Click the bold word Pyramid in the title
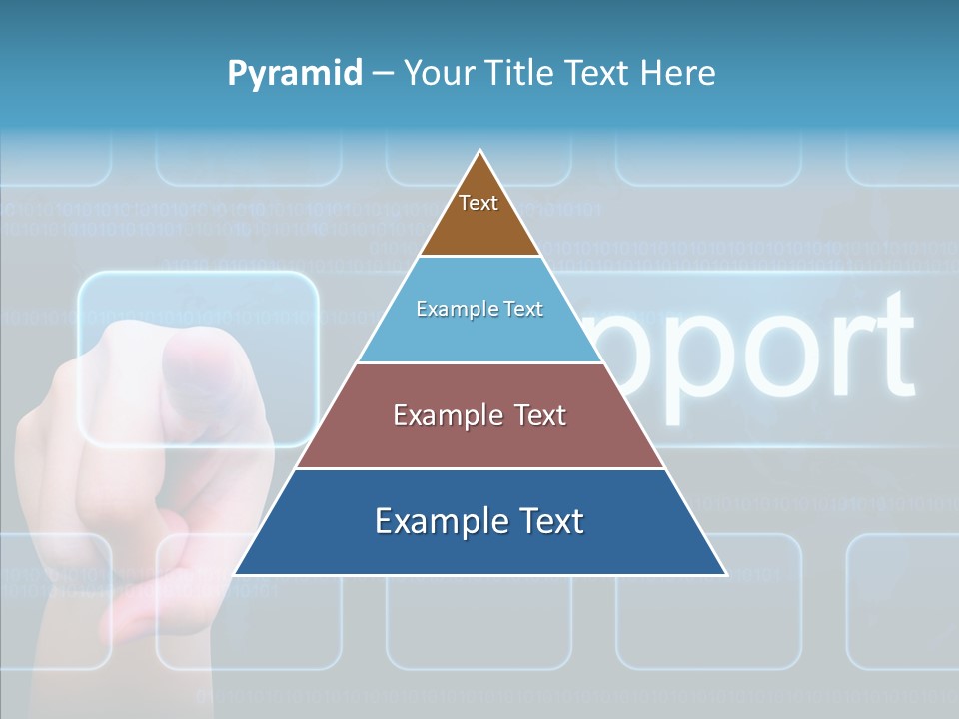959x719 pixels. click(295, 74)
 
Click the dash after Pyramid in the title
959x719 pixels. click(382, 74)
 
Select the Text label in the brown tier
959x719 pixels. click(479, 203)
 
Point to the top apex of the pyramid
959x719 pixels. click(480, 151)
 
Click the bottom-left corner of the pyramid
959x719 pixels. click(235, 574)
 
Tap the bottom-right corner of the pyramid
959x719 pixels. click(726, 574)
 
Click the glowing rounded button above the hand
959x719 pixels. click(198, 358)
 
